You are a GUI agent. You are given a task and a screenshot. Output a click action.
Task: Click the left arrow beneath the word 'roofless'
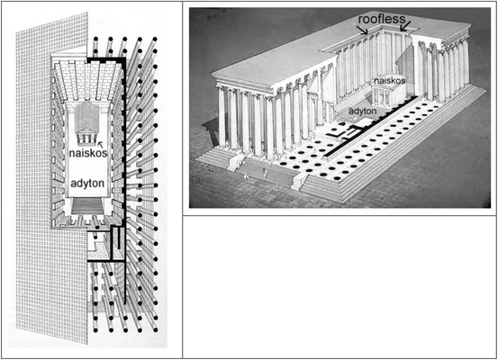pyautogui.click(x=362, y=31)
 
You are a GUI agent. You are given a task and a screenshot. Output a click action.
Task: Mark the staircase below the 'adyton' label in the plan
pyautogui.click(x=86, y=208)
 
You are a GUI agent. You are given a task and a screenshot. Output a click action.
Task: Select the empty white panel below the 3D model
pyautogui.click(x=340, y=286)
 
